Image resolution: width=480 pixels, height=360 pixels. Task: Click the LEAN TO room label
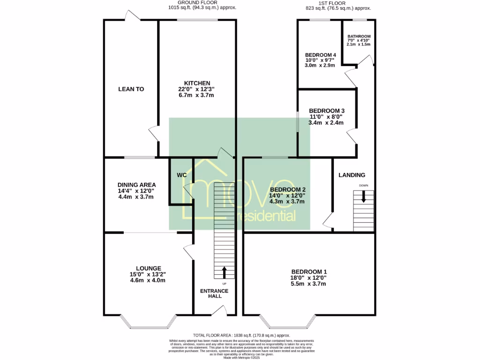point(131,89)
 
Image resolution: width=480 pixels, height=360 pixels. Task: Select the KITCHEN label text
point(197,83)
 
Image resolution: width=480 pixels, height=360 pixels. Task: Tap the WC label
point(182,175)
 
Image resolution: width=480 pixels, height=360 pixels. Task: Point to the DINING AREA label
point(136,185)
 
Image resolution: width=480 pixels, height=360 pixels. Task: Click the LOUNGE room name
point(149,268)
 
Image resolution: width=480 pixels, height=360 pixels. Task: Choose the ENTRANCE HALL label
point(214,294)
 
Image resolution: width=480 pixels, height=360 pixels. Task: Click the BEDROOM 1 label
point(309,272)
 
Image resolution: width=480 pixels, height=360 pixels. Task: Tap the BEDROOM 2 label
point(287,189)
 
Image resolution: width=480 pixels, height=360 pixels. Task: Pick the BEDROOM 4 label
point(320,54)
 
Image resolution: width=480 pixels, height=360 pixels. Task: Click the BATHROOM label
point(359,37)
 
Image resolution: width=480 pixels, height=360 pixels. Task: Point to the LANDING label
point(352,175)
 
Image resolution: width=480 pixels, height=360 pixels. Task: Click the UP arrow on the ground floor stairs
point(224,272)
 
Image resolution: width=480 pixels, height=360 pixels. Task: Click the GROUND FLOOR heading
point(203,2)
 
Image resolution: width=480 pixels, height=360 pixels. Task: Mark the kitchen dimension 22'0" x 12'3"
point(197,89)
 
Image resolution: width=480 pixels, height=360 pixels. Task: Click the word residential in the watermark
point(266,216)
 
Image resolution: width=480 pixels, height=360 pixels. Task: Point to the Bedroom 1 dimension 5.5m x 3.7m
point(309,284)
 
